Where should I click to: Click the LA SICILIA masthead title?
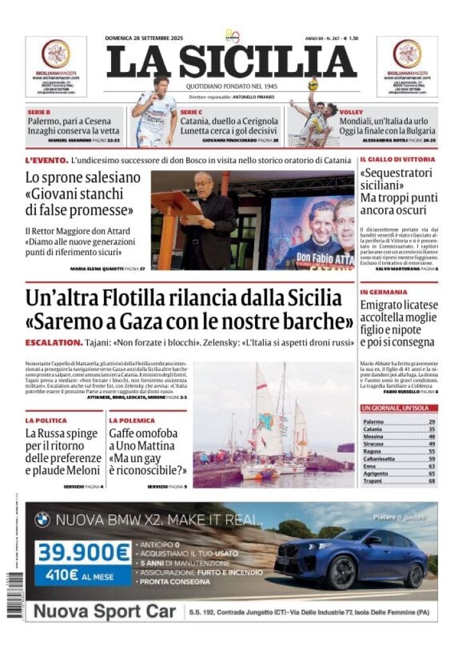(231, 62)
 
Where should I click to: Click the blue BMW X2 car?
(350, 556)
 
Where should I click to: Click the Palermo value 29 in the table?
(432, 422)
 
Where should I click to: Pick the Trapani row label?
(372, 481)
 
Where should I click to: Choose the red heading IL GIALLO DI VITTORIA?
(397, 159)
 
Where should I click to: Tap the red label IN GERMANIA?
(383, 292)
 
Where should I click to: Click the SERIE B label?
(39, 112)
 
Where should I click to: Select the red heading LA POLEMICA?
(132, 420)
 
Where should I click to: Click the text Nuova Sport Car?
(105, 611)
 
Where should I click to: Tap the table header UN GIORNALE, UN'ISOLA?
(398, 408)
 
